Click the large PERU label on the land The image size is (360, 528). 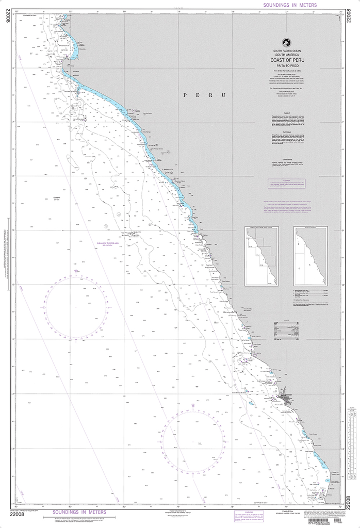(x=205, y=95)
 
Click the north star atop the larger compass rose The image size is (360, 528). (x=76, y=271)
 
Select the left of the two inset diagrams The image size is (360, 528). (x=261, y=256)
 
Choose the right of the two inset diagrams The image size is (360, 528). (x=310, y=256)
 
